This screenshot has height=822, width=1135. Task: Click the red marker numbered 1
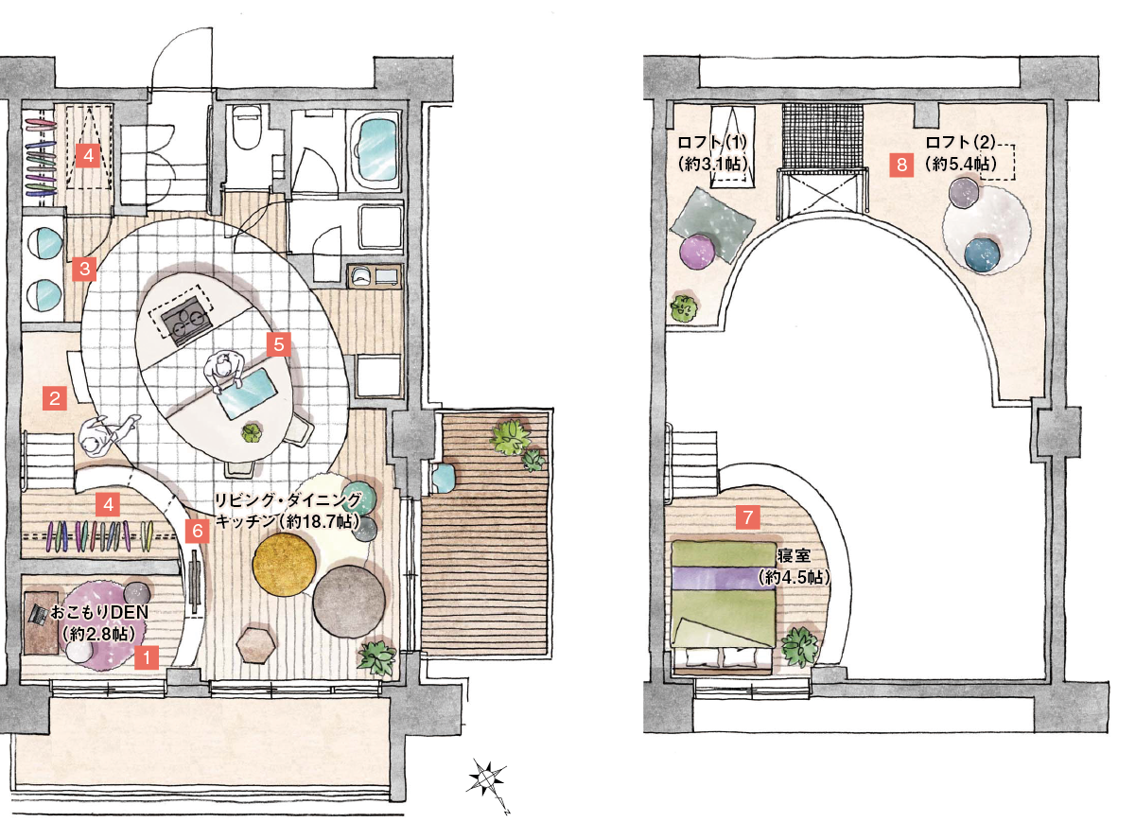click(x=147, y=657)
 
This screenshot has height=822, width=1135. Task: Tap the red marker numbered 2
click(x=55, y=398)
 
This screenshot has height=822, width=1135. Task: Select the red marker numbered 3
click(x=84, y=269)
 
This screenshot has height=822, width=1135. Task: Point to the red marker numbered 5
click(x=279, y=344)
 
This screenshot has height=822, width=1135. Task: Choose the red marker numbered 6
click(x=197, y=531)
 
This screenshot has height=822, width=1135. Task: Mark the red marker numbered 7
click(x=748, y=517)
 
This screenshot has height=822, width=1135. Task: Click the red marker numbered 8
click(x=901, y=165)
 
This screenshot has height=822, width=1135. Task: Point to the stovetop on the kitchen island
click(x=185, y=320)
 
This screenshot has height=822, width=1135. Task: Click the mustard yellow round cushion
click(x=284, y=564)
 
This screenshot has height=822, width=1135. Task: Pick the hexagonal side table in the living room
click(x=256, y=645)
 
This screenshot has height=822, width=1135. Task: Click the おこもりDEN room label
click(x=99, y=612)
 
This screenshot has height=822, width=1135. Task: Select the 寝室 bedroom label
click(x=794, y=556)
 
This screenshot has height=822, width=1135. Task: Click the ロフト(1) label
click(x=712, y=142)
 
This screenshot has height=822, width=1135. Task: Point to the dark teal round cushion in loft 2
click(x=983, y=255)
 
